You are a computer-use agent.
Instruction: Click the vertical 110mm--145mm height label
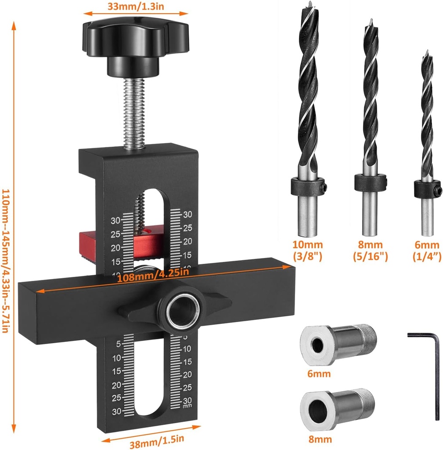[6, 261]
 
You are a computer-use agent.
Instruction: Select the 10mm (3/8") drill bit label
[307, 251]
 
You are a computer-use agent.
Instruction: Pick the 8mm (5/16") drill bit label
[370, 251]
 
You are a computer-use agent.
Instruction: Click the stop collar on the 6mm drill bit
[427, 189]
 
